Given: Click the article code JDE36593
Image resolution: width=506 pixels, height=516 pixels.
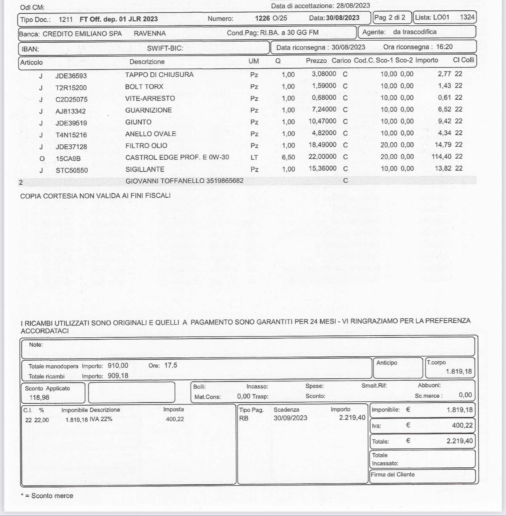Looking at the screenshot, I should coord(71,76).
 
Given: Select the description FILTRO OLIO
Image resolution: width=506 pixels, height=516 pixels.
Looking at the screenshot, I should coord(146,146).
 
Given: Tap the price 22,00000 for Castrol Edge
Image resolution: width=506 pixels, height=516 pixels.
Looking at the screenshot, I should coord(323,157).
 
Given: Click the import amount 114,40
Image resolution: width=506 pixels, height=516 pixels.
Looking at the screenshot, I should coord(441,157).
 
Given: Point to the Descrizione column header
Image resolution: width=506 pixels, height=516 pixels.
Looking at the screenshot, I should coord(147,62).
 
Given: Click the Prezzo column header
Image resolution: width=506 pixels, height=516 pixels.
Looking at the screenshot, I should coord(316,61).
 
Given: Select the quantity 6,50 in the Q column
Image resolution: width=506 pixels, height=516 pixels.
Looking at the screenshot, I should coord(288,157).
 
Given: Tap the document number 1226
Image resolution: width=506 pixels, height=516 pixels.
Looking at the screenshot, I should coord(262,18).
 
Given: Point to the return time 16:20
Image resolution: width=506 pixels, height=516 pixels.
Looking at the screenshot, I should coord(444,47).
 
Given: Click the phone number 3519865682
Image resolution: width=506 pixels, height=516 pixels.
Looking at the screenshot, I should coord(225,181).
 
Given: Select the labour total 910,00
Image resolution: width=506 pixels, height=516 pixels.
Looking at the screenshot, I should coord(118,366).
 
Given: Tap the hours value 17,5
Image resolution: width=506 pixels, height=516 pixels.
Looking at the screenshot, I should coord(171,365).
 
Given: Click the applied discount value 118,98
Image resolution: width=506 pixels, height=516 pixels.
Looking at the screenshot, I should coord(40,397).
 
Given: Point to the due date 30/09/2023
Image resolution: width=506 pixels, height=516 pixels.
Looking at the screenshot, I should coord(290,418).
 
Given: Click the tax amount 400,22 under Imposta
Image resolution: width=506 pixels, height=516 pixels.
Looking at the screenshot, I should coord(175,419).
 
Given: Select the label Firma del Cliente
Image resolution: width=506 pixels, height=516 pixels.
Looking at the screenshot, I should coord(393,474).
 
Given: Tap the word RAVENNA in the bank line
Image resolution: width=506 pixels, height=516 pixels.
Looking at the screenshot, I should coord(150,34).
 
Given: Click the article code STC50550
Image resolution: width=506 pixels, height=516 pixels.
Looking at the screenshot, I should coord(72,170).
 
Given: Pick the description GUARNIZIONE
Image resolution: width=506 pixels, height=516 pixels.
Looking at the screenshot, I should coord(149,110).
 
